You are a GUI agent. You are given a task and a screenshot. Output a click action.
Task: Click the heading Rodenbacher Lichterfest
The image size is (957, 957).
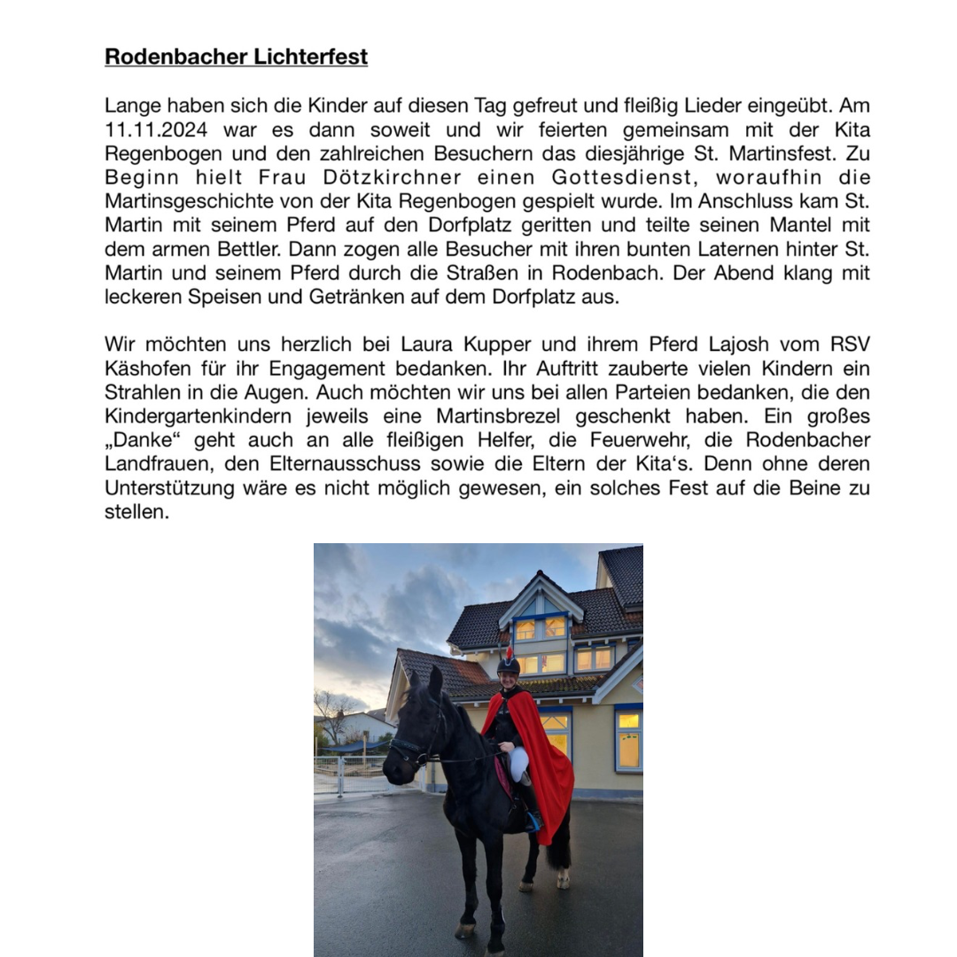[x=236, y=58]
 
